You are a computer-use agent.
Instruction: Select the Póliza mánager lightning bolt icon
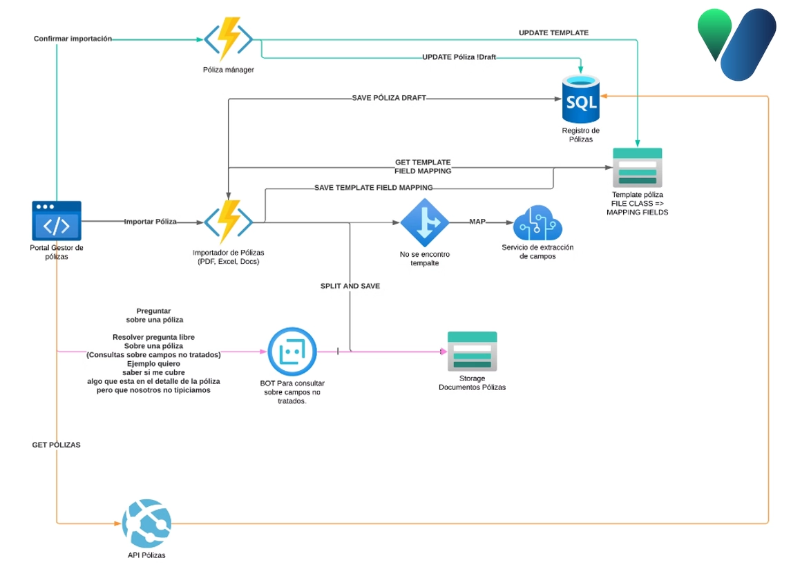pyautogui.click(x=228, y=39)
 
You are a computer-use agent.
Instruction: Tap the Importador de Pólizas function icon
pyautogui.click(x=228, y=222)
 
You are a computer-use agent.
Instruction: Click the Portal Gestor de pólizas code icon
pyautogui.click(x=57, y=221)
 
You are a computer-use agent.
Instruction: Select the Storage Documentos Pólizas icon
pyautogui.click(x=472, y=351)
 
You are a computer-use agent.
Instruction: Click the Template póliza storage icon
pyautogui.click(x=637, y=167)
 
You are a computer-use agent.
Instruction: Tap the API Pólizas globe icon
pyautogui.click(x=146, y=523)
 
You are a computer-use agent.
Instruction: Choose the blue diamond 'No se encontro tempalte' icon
pyautogui.click(x=424, y=222)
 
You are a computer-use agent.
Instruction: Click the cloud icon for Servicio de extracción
pyautogui.click(x=538, y=222)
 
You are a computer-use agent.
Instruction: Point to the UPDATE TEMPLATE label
pyautogui.click(x=553, y=32)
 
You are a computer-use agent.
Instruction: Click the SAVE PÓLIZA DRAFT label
pyautogui.click(x=389, y=98)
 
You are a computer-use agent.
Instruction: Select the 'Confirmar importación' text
pyautogui.click(x=73, y=39)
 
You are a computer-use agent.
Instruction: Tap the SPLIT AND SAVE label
pyautogui.click(x=350, y=286)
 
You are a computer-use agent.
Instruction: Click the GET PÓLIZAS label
pyautogui.click(x=56, y=445)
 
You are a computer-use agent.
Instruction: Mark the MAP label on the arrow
pyautogui.click(x=477, y=222)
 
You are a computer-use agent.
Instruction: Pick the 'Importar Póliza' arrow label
pyautogui.click(x=150, y=222)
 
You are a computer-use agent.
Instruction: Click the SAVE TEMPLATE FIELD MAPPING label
pyautogui.click(x=373, y=187)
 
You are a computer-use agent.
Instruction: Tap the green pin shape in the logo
pyautogui.click(x=714, y=33)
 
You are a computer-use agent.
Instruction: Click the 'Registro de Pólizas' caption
pyautogui.click(x=580, y=135)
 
